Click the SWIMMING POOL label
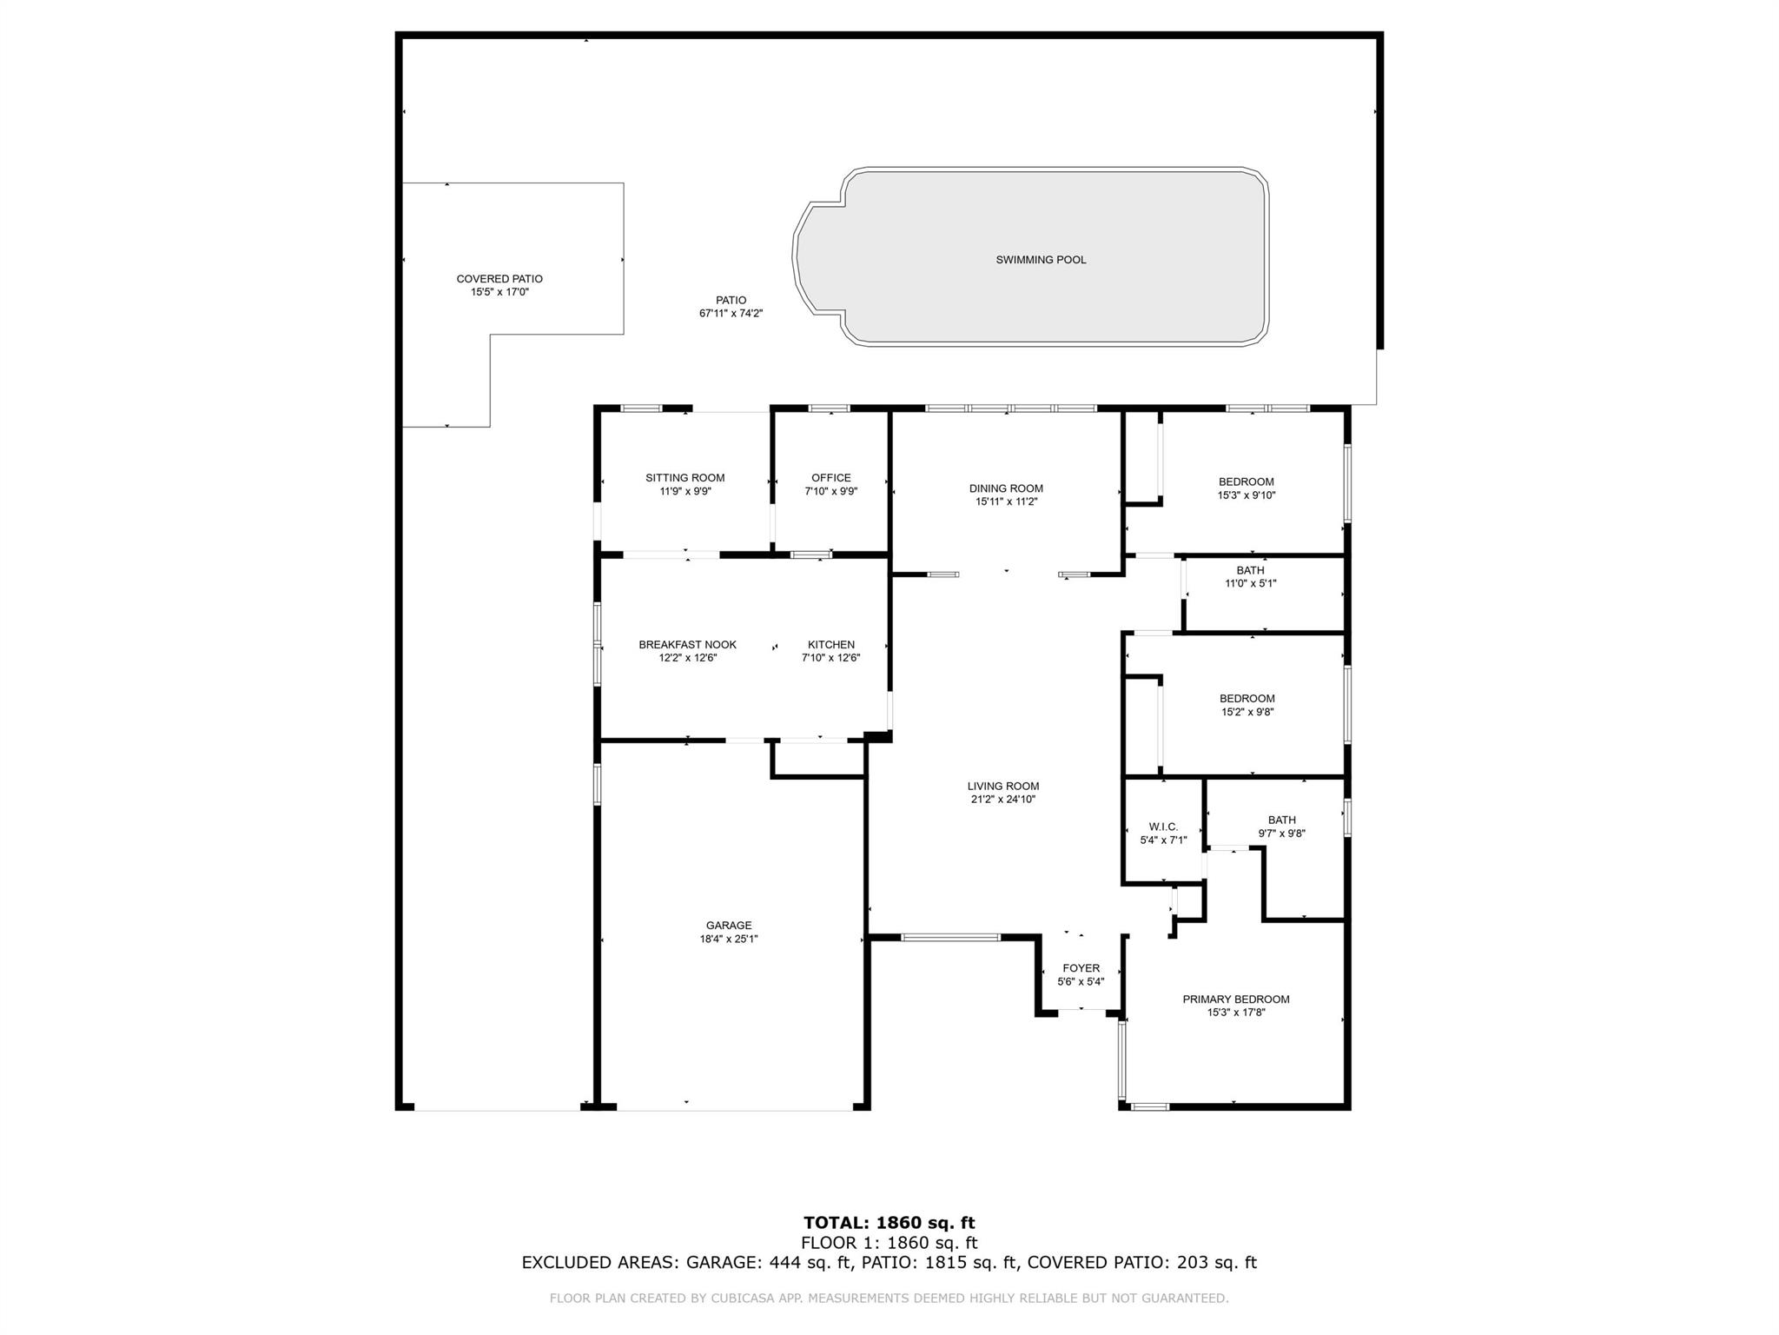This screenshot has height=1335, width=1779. click(1041, 260)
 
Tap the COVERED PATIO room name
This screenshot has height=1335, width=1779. click(499, 279)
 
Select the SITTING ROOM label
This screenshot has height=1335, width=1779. click(684, 478)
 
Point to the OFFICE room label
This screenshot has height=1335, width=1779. click(831, 478)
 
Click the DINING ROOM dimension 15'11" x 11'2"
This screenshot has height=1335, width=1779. click(1007, 501)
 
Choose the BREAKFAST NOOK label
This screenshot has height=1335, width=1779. click(687, 645)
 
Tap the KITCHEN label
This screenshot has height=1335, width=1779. click(831, 645)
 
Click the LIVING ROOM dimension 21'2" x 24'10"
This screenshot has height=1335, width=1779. click(1003, 800)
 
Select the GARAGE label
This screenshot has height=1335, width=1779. click(729, 926)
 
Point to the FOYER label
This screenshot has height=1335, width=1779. click(1081, 968)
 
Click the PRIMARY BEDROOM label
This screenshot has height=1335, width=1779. click(1236, 1000)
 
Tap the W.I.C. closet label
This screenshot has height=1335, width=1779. click(1163, 827)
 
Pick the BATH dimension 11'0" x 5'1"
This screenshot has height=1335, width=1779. click(1251, 584)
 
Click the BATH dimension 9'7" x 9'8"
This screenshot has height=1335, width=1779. click(1282, 834)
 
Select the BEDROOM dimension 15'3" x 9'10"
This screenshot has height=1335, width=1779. click(1247, 495)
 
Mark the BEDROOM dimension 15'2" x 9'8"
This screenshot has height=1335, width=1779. click(1247, 712)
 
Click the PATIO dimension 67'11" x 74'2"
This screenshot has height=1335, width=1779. click(731, 314)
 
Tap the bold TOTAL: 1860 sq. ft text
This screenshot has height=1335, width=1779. click(889, 1224)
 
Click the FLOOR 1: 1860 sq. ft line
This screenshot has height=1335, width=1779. click(889, 1243)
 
